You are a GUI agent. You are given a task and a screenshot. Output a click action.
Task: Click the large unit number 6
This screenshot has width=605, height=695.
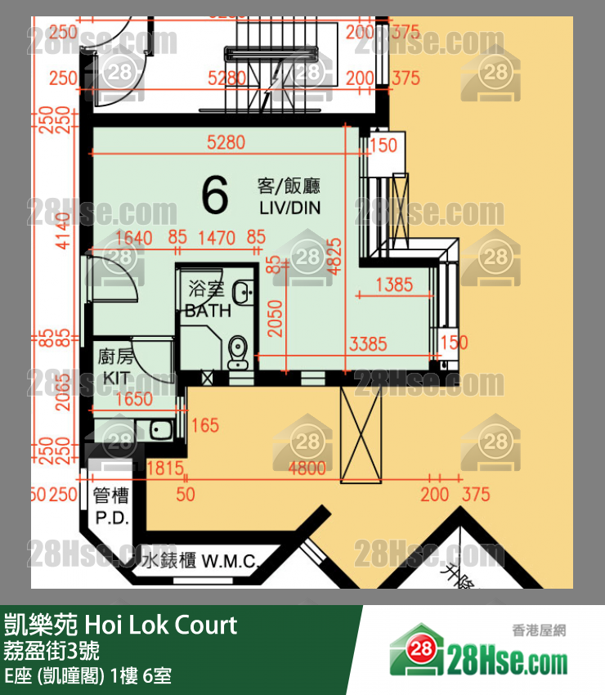(x=214, y=195)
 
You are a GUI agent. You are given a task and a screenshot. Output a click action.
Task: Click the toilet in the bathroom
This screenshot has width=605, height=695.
(x=238, y=352)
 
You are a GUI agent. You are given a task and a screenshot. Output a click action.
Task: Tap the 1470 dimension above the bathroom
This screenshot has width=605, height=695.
(x=217, y=239)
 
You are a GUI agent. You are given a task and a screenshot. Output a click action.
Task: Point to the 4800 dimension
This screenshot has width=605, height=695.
(x=307, y=469)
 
